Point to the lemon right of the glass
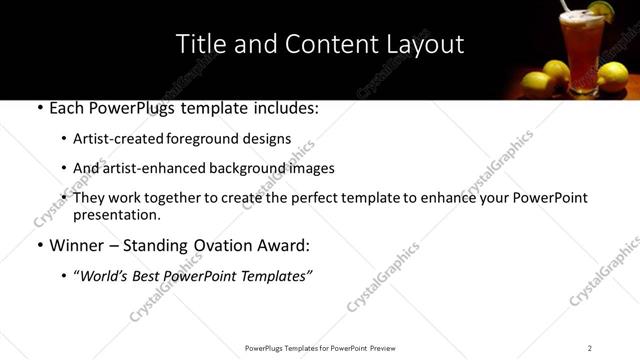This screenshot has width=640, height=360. coord(612,76)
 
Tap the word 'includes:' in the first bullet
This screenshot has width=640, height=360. coord(284,107)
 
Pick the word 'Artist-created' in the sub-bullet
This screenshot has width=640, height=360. coord(116,139)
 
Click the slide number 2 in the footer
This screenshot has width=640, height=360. coord(590,348)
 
